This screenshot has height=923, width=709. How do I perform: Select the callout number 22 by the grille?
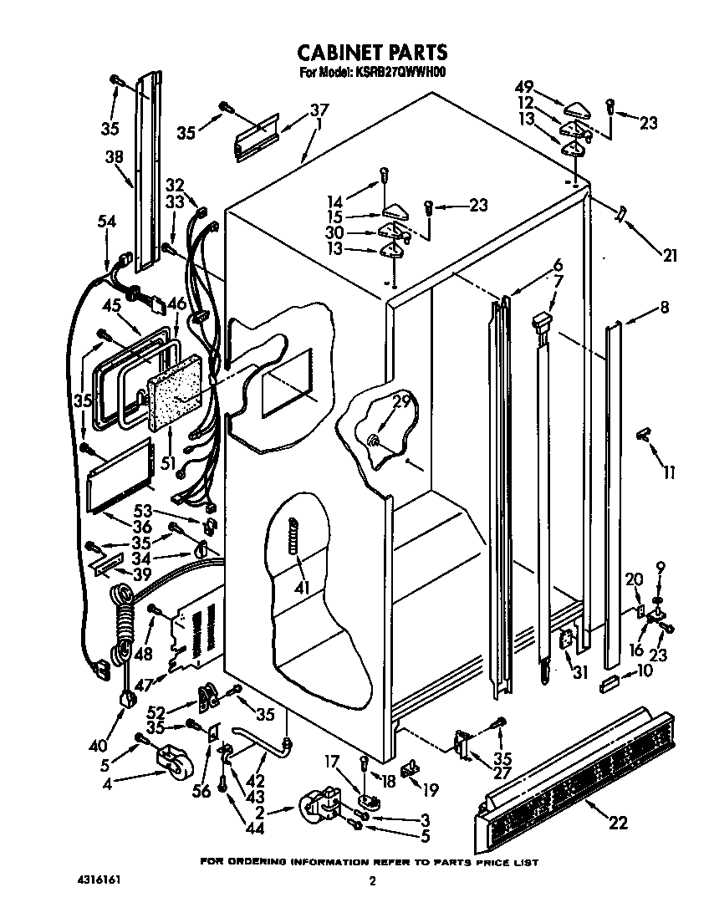[617, 822]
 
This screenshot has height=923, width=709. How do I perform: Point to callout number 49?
[525, 88]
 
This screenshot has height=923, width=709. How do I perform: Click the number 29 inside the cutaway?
[401, 401]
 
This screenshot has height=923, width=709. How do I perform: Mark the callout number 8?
[664, 307]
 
